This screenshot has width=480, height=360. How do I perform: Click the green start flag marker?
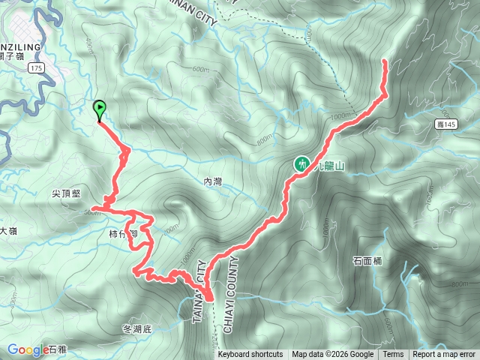click(x=99, y=109)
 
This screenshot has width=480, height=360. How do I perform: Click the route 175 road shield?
click(x=35, y=67)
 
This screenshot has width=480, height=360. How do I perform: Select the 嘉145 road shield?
click(x=445, y=124)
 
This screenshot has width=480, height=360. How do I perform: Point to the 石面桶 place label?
click(x=367, y=261)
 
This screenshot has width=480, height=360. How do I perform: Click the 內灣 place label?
click(x=214, y=181)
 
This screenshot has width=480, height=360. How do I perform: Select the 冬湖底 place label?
click(x=136, y=329)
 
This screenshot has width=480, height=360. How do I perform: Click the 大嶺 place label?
click(x=9, y=231)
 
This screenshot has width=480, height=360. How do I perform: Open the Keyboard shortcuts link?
click(x=250, y=355)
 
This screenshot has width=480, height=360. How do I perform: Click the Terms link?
click(x=393, y=355)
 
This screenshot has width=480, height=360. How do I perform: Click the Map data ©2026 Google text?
click(x=332, y=355)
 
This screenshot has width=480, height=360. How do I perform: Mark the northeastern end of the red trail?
click(x=385, y=60)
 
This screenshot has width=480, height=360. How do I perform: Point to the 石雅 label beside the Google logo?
click(x=57, y=349)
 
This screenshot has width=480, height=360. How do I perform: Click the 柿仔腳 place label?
click(x=122, y=234)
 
